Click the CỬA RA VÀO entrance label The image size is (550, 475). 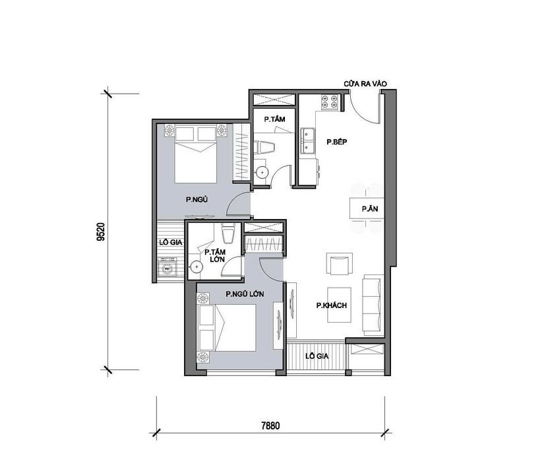[364, 84]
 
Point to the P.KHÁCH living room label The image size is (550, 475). [331, 305]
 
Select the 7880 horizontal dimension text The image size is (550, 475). [270, 426]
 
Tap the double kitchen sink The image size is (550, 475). [308, 139]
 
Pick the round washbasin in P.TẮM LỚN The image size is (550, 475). [197, 267]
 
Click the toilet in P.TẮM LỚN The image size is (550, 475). [228, 235]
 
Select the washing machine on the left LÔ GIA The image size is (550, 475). [168, 269]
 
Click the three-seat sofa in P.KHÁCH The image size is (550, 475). [373, 303]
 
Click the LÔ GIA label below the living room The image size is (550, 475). [317, 356]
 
